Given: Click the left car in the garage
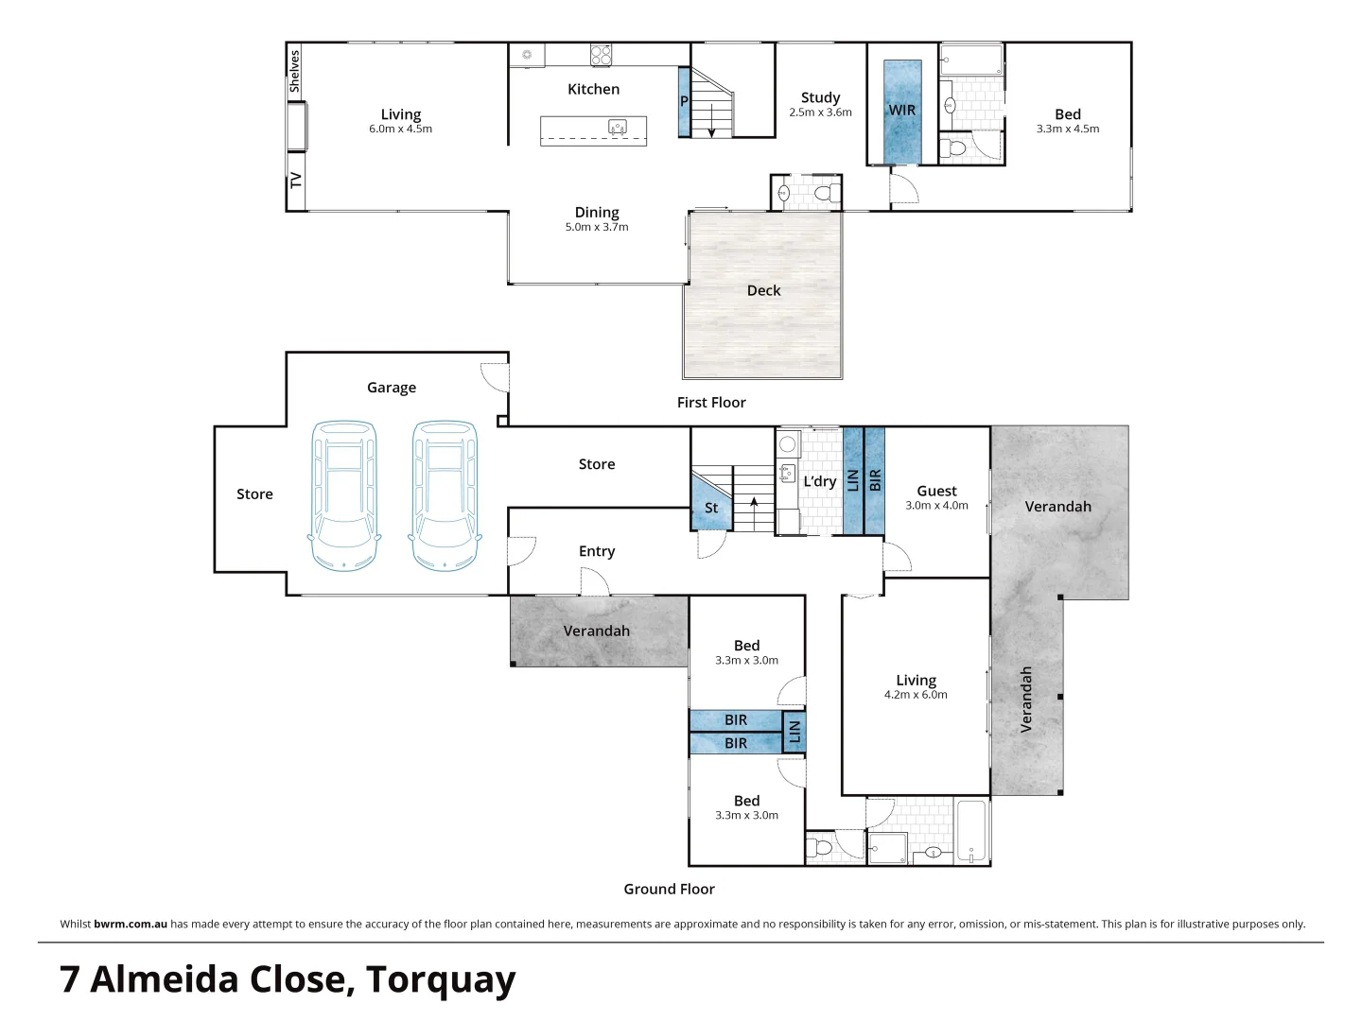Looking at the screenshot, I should click(x=344, y=495).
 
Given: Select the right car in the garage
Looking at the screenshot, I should click(x=445, y=495).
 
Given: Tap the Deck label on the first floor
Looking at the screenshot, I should click(x=763, y=290).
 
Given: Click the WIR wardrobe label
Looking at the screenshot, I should click(x=901, y=111).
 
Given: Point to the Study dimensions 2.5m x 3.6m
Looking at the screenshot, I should click(x=820, y=112).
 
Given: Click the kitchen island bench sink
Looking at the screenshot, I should click(x=618, y=127).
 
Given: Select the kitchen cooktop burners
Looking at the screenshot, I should click(x=601, y=55).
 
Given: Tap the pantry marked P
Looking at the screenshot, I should click(x=684, y=101).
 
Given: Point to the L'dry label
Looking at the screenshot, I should click(x=819, y=481).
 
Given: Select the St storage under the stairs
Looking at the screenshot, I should click(x=711, y=508).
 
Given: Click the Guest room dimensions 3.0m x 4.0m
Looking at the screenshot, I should click(x=936, y=506).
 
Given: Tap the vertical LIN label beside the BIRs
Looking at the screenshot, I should click(x=794, y=732).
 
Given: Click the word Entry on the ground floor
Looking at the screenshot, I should click(x=597, y=551).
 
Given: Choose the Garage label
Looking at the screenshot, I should click(x=392, y=388).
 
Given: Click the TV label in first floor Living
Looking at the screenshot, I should click(x=296, y=180).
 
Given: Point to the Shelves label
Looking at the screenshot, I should click(x=294, y=72).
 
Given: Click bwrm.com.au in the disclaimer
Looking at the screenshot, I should click(x=131, y=924).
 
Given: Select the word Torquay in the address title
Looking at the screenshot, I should click(x=441, y=979).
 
